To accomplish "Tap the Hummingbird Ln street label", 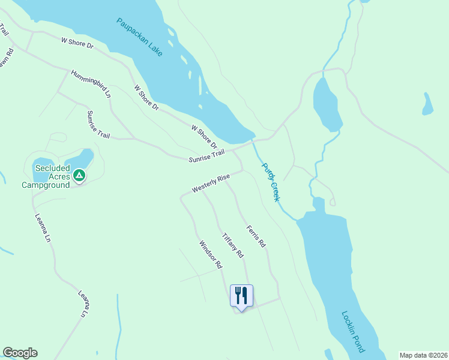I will (91, 84).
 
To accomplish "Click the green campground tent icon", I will (79, 175).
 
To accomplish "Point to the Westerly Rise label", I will (211, 184).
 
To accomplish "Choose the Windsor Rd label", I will (211, 254).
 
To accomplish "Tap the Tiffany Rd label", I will (233, 245).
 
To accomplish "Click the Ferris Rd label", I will (256, 236).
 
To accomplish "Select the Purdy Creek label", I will (270, 182).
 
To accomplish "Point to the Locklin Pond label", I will (353, 331).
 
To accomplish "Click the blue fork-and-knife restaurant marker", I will (241, 296).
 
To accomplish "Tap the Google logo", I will (20, 353).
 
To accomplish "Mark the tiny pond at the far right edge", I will (427, 104).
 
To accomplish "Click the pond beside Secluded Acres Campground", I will (84, 158).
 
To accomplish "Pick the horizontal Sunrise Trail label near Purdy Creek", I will (206, 156).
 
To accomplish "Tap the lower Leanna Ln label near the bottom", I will (83, 304).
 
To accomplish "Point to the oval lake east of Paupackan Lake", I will (326, 103).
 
